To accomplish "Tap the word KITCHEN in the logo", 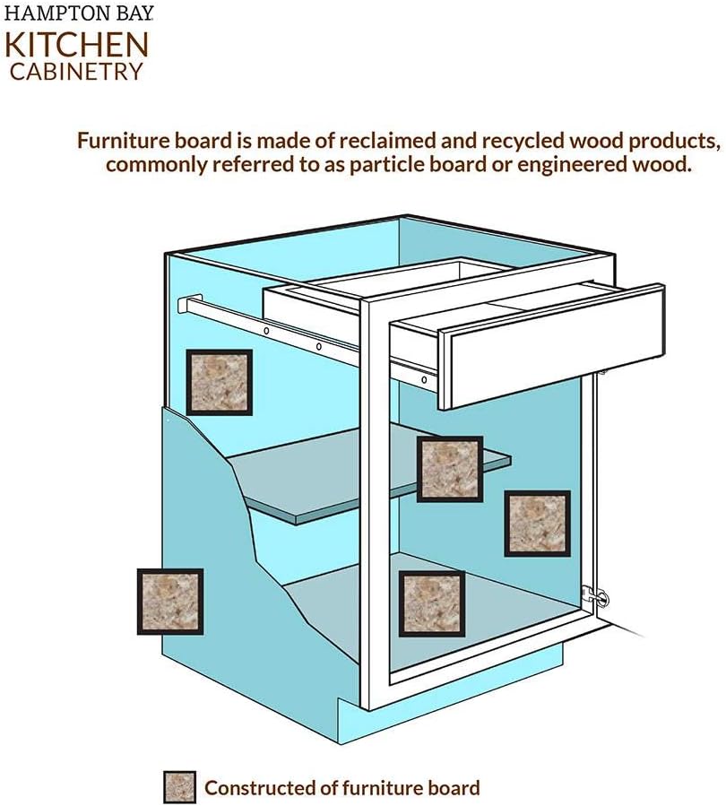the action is [x=79, y=45].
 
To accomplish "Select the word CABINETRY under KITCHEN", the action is [x=77, y=71].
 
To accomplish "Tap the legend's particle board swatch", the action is [x=179, y=787].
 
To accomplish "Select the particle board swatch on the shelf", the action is [x=450, y=469].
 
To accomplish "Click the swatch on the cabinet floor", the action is [x=432, y=603].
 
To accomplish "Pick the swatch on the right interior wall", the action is [x=537, y=523].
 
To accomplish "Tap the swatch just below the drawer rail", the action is [x=219, y=382].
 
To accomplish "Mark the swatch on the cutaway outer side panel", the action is [x=170, y=602].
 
